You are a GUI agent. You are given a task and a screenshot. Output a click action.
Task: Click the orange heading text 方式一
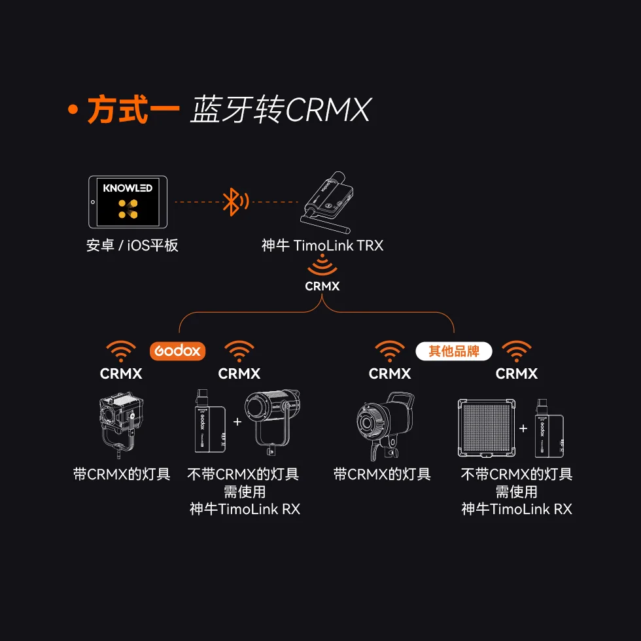pyautogui.click(x=133, y=109)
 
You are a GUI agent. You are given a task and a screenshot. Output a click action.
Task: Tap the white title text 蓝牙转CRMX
pyautogui.click(x=281, y=109)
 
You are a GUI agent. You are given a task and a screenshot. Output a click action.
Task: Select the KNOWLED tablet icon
pyautogui.click(x=128, y=202)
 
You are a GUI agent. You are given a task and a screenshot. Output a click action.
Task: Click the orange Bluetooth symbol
pyautogui.click(x=235, y=202)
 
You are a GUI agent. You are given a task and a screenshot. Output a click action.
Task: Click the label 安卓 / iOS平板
pyautogui.click(x=132, y=245)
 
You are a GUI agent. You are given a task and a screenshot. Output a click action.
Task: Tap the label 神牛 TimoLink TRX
pyautogui.click(x=322, y=245)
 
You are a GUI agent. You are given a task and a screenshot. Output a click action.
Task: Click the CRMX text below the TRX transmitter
pyautogui.click(x=322, y=286)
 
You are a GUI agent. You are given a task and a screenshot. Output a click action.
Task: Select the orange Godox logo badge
pyautogui.click(x=177, y=351)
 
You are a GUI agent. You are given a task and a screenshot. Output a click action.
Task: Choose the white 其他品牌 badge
pyautogui.click(x=454, y=351)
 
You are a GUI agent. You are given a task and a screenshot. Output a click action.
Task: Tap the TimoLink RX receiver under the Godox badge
pyautogui.click(x=210, y=421)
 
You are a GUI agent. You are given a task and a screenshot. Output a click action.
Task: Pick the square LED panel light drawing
pyautogui.click(x=487, y=428)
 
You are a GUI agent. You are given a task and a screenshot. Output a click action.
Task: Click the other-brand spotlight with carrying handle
pyautogui.click(x=385, y=426)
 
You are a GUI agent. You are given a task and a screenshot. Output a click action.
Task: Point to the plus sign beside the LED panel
pyautogui.click(x=523, y=428)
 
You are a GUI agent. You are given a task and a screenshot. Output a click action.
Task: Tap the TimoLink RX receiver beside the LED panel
pyautogui.click(x=549, y=428)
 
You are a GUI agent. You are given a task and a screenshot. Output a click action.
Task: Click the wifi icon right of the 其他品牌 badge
pyautogui.click(x=517, y=351)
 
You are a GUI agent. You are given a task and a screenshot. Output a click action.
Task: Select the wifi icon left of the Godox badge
pyautogui.click(x=121, y=351)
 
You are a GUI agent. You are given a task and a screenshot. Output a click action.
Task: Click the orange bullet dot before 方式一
pyautogui.click(x=73, y=110)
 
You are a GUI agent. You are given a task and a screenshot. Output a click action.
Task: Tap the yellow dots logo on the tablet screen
pyautogui.click(x=128, y=209)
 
